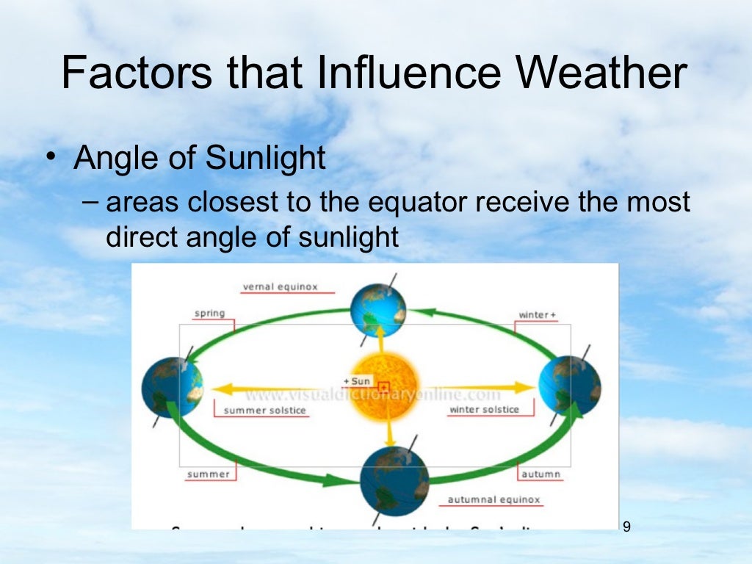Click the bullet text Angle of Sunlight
tap(200, 158)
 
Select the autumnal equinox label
tap(493, 500)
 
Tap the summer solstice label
tap(264, 410)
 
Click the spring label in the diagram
tap(209, 314)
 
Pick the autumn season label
tap(540, 474)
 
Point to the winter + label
tap(537, 315)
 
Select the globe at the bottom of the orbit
tap(394, 480)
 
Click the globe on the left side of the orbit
tap(172, 387)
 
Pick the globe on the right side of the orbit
tap(569, 386)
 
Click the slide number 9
tap(626, 527)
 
